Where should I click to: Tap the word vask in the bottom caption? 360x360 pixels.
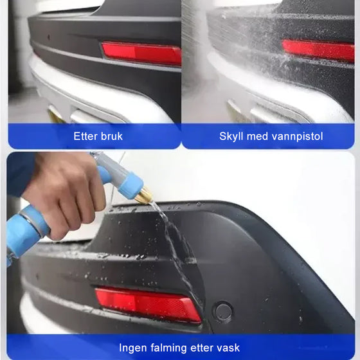point(228,348)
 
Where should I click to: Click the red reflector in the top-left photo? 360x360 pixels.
point(141,53)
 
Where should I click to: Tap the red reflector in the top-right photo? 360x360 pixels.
point(318,50)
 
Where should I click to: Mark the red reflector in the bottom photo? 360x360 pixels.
point(148,303)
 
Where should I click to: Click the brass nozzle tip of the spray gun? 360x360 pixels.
point(143,195)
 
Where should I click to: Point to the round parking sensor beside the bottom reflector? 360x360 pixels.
point(223,312)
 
